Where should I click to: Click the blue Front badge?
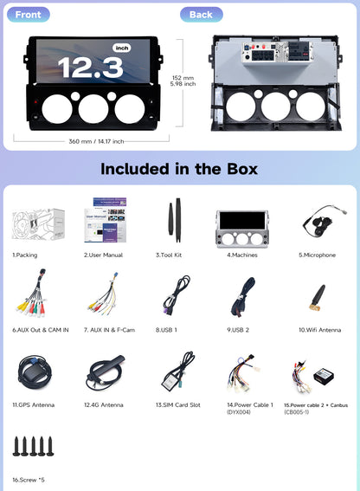pyautogui.click(x=29, y=15)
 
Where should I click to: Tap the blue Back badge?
pyautogui.click(x=202, y=15)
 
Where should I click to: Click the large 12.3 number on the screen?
pyautogui.click(x=90, y=68)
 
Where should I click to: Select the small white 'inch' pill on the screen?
pyautogui.click(x=122, y=48)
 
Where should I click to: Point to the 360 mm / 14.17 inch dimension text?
pyautogui.click(x=96, y=141)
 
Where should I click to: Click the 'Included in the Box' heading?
pyautogui.click(x=179, y=169)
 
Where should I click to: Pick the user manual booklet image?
pyautogui.click(x=106, y=220)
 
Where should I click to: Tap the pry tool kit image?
pyautogui.click(x=175, y=220)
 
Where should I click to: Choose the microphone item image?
pyautogui.click(x=324, y=220)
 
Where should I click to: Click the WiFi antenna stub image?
pyautogui.click(x=318, y=297)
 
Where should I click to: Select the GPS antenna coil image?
pyautogui.click(x=34, y=372)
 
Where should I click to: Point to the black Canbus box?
pyautogui.click(x=324, y=376)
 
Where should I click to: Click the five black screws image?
pyautogui.click(x=33, y=446)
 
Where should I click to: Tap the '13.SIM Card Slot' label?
pyautogui.click(x=178, y=405)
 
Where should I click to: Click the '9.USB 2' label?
pyautogui.click(x=238, y=330)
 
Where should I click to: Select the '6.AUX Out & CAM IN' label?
pyautogui.click(x=41, y=330)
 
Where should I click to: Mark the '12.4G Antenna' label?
pyautogui.click(x=104, y=405)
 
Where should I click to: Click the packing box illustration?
pyautogui.click(x=38, y=224)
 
